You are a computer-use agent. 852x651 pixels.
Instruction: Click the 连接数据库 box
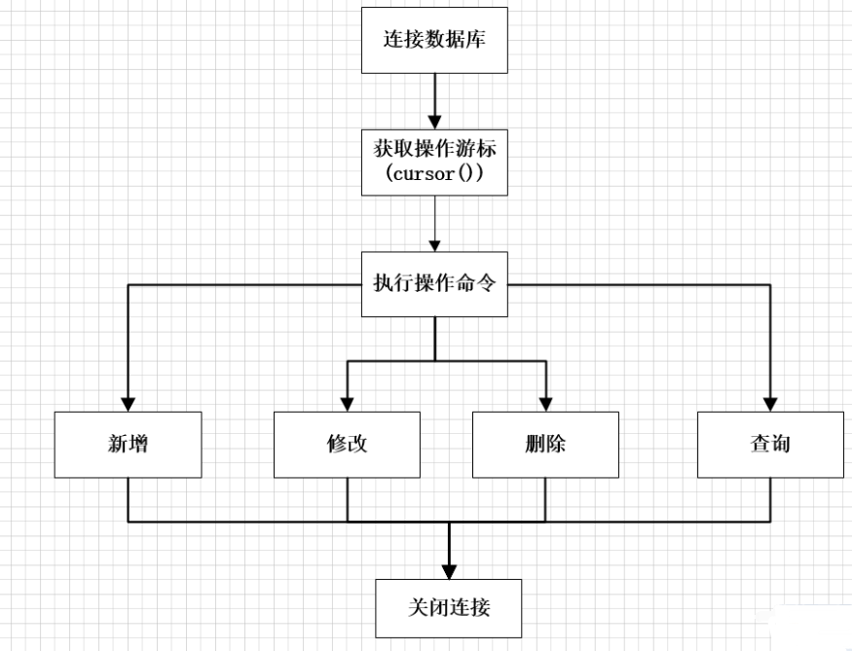[x=434, y=40]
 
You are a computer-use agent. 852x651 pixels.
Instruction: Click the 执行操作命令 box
[x=434, y=283]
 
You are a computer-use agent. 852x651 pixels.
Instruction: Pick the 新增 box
[x=128, y=444]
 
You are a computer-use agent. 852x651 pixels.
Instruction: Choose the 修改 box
[x=348, y=444]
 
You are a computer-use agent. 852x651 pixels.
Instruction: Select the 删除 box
[x=545, y=444]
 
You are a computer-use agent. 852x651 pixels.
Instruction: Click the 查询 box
[x=770, y=444]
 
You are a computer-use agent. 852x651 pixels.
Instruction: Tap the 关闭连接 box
[x=449, y=608]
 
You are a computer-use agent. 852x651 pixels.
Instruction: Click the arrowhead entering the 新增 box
[x=128, y=403]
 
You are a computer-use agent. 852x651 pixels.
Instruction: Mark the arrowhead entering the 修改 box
[x=348, y=403]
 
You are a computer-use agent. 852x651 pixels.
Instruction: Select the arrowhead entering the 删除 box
[x=545, y=403]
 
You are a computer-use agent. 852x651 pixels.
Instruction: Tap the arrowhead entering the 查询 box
[x=770, y=403]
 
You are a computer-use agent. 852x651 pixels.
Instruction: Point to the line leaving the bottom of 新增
[x=128, y=499]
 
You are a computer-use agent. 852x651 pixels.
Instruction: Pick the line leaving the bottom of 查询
[x=770, y=499]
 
